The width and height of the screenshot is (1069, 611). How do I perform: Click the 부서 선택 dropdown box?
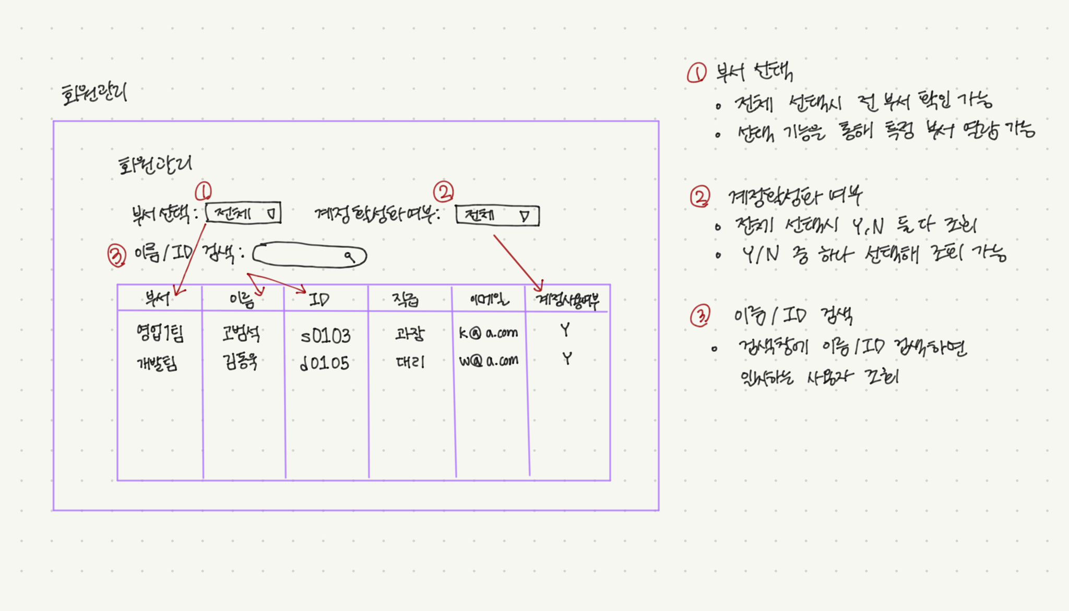(243, 213)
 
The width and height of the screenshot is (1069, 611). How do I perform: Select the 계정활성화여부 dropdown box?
(497, 215)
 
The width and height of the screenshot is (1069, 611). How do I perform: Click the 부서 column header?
(157, 298)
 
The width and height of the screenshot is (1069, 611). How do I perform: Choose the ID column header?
(319, 299)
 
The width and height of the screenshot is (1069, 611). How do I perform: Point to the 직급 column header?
(406, 299)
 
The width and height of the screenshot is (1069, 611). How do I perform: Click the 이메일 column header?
(489, 299)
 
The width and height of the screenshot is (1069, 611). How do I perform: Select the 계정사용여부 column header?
(567, 300)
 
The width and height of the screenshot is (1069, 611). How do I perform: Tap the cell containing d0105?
(325, 363)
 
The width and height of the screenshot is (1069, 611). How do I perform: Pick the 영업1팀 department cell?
(160, 333)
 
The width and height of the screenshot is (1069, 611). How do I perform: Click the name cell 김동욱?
(240, 361)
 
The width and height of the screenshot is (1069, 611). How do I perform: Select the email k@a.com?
(489, 333)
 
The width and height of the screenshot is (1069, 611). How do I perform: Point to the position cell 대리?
(410, 362)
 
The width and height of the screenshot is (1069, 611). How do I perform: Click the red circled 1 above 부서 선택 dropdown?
(203, 191)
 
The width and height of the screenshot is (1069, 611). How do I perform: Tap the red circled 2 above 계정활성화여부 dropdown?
(444, 192)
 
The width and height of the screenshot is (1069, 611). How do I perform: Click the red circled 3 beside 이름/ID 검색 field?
(116, 256)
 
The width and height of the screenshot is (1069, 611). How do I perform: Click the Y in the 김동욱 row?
(567, 358)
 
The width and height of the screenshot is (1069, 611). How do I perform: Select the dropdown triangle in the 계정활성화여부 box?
(525, 216)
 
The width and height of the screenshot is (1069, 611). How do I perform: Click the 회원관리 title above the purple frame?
(94, 94)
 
